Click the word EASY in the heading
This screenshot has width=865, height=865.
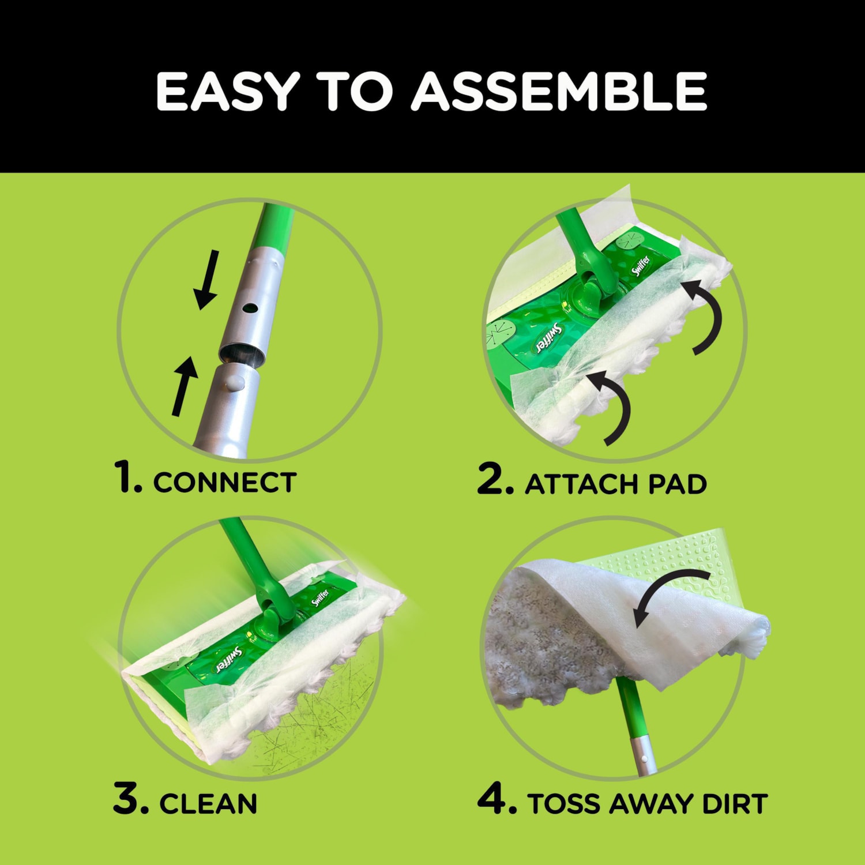tap(227, 91)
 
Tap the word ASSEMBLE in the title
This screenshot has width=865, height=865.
tap(559, 91)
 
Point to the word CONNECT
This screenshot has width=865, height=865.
tap(225, 483)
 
